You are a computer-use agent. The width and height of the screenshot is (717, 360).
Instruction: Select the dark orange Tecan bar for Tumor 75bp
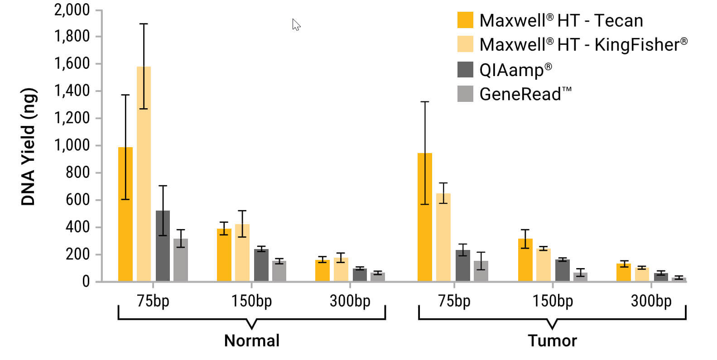(424, 217)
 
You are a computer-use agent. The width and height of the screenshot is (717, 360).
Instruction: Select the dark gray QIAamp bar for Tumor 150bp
(562, 270)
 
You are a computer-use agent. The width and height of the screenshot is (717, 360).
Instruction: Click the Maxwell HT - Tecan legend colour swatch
(465, 20)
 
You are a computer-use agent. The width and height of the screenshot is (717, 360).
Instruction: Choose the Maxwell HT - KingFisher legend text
(583, 44)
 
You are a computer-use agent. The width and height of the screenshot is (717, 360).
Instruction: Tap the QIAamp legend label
(515, 70)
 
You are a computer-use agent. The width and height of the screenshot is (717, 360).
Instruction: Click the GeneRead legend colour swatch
(465, 94)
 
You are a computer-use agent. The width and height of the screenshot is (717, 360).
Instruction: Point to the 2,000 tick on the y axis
(72, 10)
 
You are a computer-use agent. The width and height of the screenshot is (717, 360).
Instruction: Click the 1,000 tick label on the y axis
(72, 145)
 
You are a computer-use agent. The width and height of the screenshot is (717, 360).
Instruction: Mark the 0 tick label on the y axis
(86, 282)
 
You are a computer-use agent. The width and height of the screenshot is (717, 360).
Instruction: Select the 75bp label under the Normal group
(153, 301)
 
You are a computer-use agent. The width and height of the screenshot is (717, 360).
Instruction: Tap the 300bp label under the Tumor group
(651, 301)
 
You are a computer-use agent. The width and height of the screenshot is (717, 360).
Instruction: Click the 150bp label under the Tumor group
(553, 301)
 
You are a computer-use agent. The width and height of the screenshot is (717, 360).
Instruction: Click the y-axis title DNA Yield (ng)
(29, 146)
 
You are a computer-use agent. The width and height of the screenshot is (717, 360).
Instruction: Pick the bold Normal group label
(252, 341)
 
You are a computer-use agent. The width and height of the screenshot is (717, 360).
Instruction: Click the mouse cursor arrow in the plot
(296, 24)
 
